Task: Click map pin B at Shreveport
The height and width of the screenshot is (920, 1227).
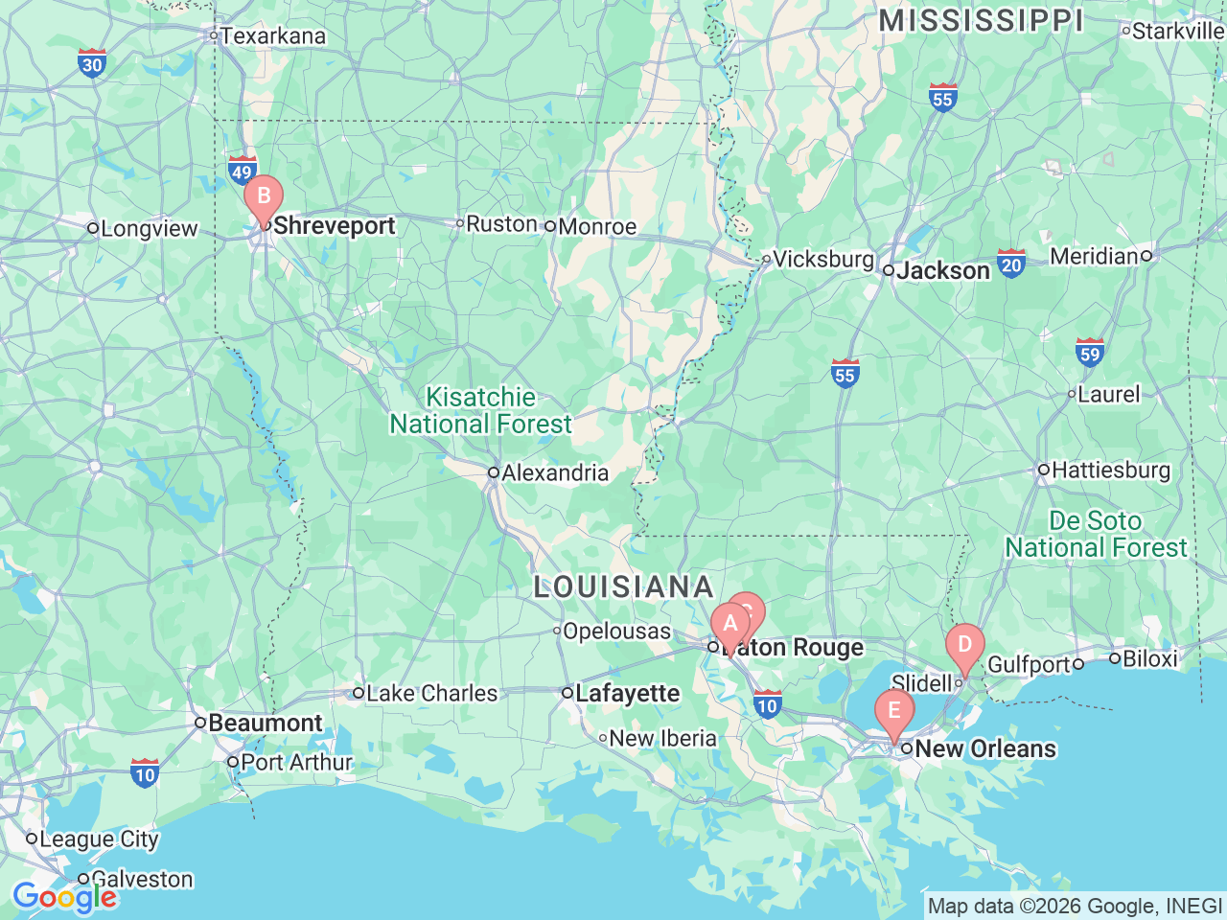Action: (x=264, y=197)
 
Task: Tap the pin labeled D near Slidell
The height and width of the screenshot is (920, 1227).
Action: (x=964, y=646)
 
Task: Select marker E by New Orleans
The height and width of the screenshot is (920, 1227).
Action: (x=894, y=711)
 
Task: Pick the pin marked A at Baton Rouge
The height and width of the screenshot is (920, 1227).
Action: (x=729, y=625)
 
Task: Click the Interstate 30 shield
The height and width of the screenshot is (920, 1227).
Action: (x=92, y=63)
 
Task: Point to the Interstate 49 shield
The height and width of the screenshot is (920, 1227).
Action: (x=242, y=172)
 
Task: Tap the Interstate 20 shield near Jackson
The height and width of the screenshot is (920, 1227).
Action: (x=1011, y=264)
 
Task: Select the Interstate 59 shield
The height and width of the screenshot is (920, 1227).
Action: (x=1090, y=353)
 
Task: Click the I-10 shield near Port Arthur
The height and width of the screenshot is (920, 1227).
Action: (x=145, y=773)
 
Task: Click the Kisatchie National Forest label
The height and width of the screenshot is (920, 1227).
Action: (x=481, y=410)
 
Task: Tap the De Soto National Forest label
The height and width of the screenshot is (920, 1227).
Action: (x=1096, y=534)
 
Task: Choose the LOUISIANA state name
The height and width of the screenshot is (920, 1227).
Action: (x=624, y=586)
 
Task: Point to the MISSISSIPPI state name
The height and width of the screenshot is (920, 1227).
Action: (x=981, y=21)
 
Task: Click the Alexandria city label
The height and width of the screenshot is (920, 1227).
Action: (x=554, y=472)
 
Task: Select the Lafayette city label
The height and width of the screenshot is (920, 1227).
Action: (x=627, y=693)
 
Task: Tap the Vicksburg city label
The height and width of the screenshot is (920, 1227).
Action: (x=822, y=259)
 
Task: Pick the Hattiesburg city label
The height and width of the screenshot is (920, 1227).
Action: (x=1110, y=470)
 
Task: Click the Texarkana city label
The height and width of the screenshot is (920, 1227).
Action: (x=272, y=36)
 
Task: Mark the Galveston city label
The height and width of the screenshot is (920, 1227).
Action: (x=141, y=879)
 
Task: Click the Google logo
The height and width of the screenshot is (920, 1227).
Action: (x=64, y=898)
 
